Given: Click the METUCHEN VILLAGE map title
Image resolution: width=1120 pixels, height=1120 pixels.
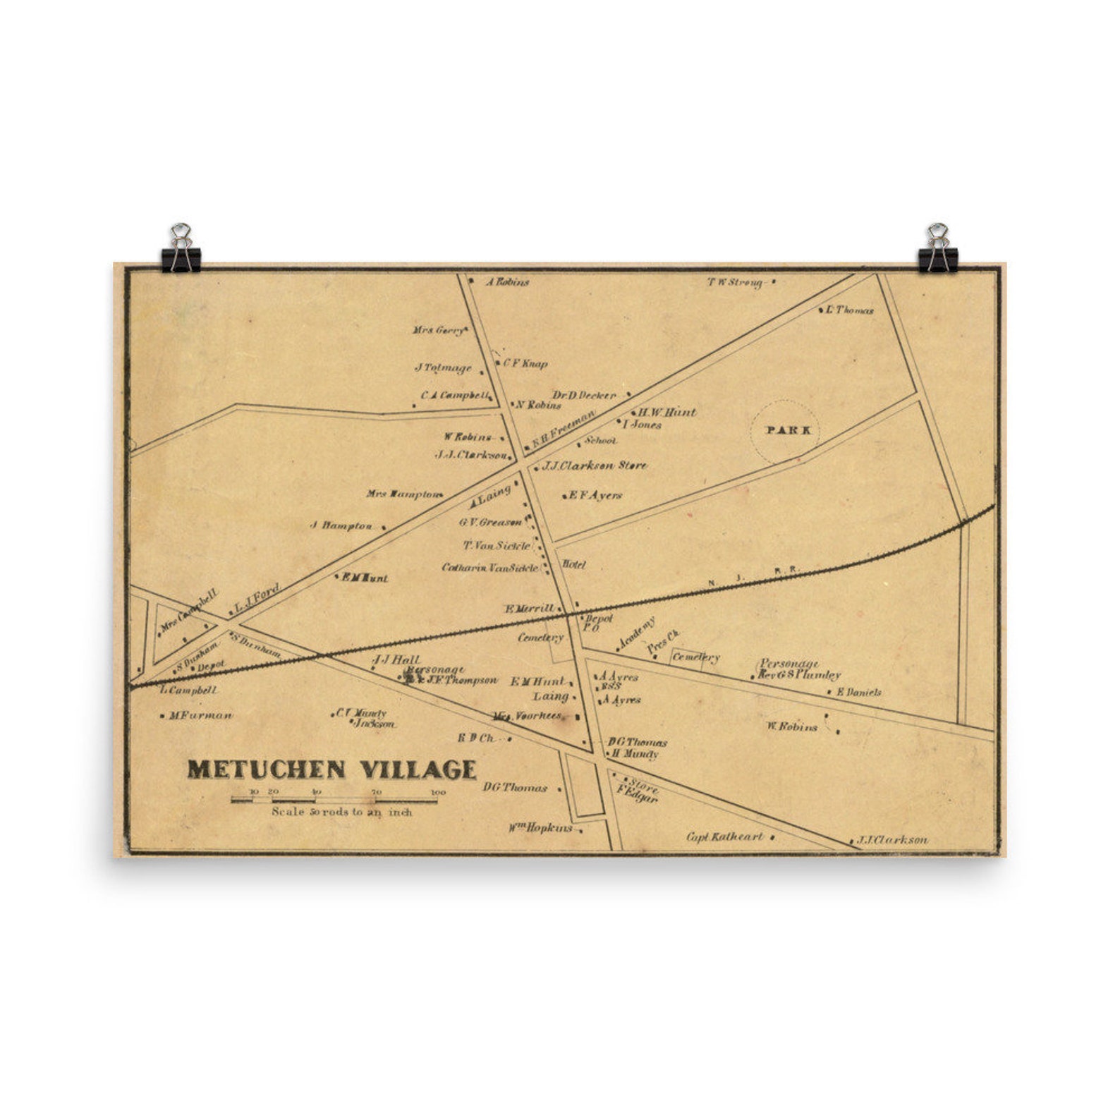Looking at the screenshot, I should click(331, 769).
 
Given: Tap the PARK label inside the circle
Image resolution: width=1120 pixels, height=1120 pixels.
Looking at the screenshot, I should click(784, 430).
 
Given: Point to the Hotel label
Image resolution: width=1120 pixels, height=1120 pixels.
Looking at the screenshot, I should click(574, 565).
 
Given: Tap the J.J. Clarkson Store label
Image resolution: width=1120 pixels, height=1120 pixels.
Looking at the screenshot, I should click(595, 465).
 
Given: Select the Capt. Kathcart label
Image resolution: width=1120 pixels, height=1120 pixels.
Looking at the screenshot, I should click(725, 837).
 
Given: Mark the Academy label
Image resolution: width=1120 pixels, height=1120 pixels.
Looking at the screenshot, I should click(636, 633).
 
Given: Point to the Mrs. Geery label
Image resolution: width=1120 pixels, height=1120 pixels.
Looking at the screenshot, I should click(438, 330).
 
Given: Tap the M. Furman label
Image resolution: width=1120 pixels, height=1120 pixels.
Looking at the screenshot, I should click(200, 715).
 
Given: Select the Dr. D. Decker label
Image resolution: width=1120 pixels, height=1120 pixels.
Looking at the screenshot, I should click(584, 396).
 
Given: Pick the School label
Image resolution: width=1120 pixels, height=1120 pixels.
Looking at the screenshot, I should click(600, 441).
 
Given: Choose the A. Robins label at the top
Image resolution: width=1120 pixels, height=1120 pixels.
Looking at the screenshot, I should click(508, 282).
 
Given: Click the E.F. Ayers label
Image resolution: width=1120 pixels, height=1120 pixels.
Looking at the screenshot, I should click(595, 495).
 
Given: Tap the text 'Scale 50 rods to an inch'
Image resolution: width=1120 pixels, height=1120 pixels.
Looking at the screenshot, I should click(342, 812).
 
